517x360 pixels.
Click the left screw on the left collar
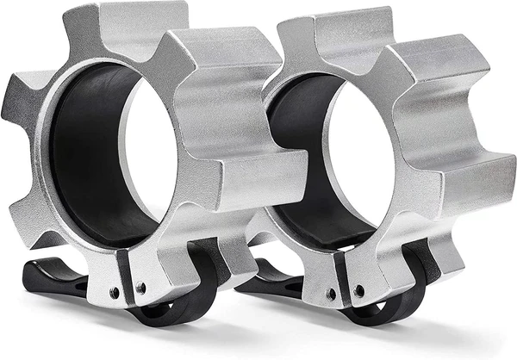115,292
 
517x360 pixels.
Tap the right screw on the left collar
141,288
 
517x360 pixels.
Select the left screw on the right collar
332,294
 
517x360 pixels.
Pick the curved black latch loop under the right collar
396,301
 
